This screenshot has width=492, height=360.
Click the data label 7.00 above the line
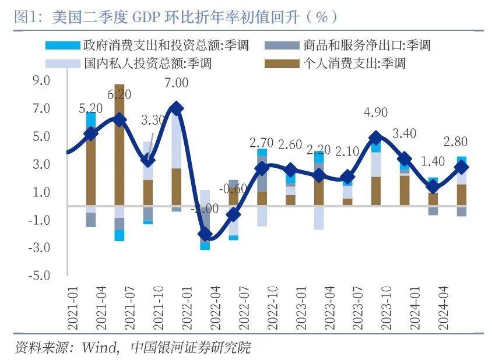point(176,83)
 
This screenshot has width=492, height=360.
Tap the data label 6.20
point(119,94)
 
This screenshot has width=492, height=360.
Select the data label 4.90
point(376,112)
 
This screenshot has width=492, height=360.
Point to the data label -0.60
point(232,189)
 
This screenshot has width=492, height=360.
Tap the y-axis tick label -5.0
point(41,276)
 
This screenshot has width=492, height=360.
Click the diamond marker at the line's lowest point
point(205,235)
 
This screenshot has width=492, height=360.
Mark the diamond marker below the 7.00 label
point(176,108)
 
